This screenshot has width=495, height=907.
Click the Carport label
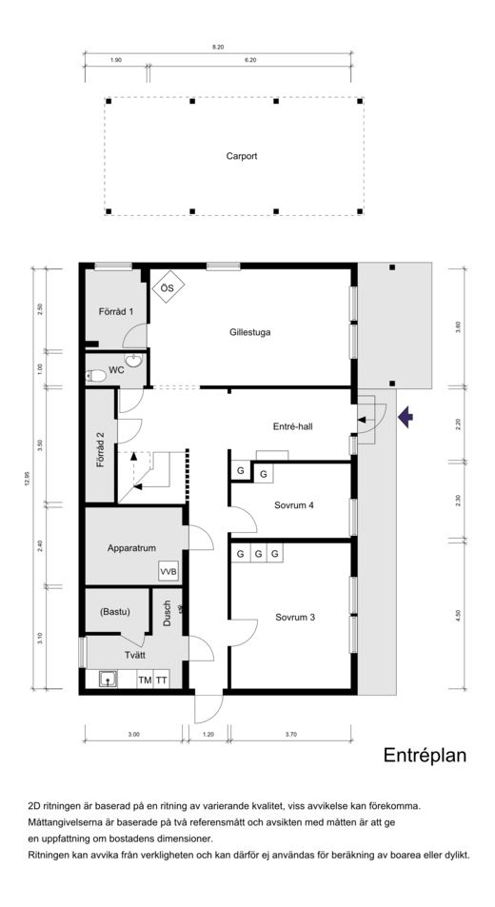click(241, 156)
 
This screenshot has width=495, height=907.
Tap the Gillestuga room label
click(249, 332)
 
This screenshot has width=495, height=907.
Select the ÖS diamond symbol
click(168, 286)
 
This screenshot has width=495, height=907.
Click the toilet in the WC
click(96, 377)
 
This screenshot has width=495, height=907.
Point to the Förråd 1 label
click(115, 311)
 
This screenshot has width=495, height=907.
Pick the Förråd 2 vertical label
click(100, 449)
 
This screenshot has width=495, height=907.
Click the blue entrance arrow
click(406, 417)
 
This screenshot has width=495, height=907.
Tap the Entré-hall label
click(292, 427)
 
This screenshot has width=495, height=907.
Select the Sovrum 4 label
click(294, 505)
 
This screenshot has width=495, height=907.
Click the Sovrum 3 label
click(295, 618)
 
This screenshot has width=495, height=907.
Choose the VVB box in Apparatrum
click(168, 572)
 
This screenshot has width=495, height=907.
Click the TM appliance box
click(145, 680)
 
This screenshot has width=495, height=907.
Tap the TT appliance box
click(161, 680)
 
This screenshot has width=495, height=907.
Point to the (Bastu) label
click(114, 611)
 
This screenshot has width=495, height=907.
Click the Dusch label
click(168, 613)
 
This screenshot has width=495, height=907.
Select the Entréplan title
click(425, 756)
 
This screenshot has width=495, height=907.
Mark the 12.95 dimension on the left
click(28, 477)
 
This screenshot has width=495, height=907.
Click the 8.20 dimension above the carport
click(217, 47)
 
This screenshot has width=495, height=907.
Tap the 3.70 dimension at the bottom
click(291, 734)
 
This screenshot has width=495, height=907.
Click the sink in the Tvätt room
click(109, 680)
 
